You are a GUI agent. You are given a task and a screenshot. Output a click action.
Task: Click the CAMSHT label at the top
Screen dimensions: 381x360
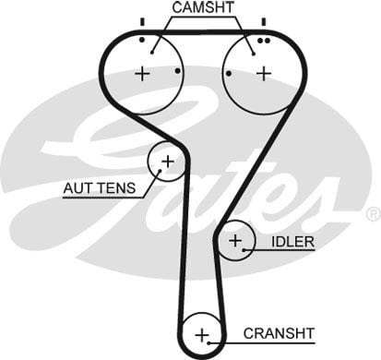point(203,7)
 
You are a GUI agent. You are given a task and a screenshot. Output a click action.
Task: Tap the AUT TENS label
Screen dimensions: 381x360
point(100,187)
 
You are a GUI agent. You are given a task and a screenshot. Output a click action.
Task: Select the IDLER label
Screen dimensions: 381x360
point(292,242)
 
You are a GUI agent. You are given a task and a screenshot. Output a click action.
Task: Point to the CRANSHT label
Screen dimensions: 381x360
point(279,333)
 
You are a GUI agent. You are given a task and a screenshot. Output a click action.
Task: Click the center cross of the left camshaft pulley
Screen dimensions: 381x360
point(142,74)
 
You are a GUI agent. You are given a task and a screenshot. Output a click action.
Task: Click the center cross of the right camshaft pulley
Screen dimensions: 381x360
point(264,74)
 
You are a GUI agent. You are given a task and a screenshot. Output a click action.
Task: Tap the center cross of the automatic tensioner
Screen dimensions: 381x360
point(168,162)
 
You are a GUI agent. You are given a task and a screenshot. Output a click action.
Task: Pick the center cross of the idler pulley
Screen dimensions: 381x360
point(235,240)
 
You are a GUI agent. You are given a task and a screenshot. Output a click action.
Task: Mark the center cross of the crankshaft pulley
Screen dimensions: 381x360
point(202,335)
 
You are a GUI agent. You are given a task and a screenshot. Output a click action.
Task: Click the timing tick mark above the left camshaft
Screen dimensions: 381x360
point(142,22)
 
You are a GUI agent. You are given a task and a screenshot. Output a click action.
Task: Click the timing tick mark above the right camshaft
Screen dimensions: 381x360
point(264,22)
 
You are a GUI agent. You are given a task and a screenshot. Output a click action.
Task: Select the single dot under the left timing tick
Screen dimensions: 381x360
point(142,40)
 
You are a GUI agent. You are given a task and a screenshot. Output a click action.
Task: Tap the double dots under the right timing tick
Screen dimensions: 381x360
point(264,41)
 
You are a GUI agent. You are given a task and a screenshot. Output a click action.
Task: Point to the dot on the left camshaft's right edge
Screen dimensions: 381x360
point(178,71)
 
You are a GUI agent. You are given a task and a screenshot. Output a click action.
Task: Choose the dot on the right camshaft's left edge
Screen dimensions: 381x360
point(229,74)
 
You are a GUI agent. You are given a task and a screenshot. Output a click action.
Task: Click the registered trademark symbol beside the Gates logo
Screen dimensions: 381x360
point(374,214)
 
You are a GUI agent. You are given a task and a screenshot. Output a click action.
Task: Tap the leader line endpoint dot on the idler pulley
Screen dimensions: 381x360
point(244,250)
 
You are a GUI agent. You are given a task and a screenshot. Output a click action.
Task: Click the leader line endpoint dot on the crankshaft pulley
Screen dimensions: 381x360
point(208,342)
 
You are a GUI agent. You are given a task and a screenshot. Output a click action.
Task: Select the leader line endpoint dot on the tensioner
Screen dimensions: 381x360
point(160,171)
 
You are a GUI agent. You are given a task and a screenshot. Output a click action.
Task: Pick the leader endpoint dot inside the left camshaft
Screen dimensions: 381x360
point(152,53)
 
